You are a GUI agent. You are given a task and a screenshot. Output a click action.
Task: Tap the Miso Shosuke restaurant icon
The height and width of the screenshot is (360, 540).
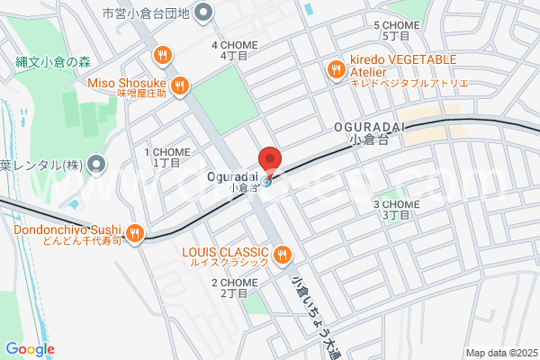tap(180, 86)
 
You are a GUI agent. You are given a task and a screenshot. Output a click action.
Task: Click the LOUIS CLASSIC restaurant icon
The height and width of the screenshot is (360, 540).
tap(283, 252)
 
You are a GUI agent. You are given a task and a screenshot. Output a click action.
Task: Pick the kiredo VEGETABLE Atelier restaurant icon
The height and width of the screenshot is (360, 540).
tap(336, 68)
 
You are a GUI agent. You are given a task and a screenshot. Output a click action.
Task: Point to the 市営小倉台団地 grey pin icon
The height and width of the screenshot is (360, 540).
tap(203, 13)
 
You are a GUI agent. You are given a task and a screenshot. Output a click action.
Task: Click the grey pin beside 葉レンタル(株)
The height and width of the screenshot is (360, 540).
tap(99, 165)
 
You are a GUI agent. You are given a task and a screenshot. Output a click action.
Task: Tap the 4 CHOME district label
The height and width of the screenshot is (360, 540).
tap(234, 49)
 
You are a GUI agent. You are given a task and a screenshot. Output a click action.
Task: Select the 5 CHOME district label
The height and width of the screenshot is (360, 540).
tap(396, 31)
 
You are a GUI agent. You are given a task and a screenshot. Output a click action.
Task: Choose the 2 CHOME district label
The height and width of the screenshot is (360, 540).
tap(234, 287)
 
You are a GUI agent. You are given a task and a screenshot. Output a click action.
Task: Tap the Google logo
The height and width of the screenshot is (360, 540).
tap(30, 349)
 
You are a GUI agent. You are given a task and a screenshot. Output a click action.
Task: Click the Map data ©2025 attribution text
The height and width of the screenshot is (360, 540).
tap(500, 352)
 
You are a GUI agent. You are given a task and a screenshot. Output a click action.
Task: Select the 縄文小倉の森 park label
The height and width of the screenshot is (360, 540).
tap(54, 62)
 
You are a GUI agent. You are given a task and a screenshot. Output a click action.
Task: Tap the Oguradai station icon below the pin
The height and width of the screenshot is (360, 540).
tap(267, 180)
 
